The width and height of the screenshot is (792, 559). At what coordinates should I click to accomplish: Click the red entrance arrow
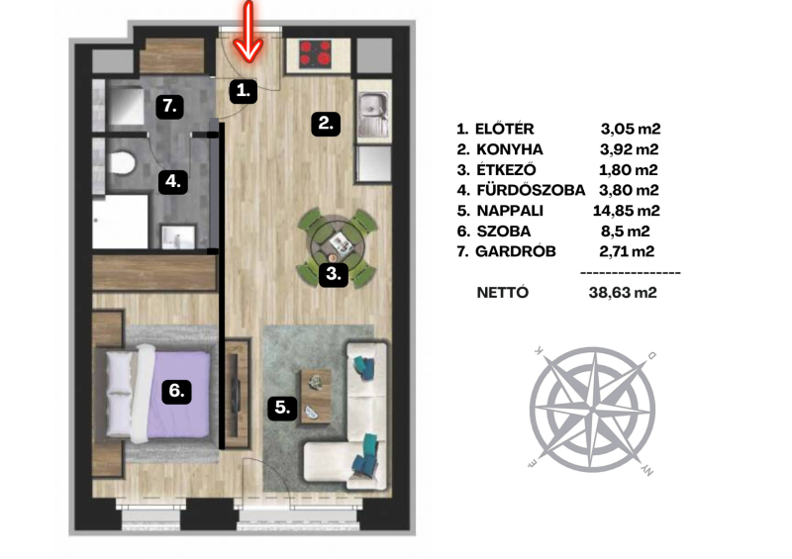pos(248,32)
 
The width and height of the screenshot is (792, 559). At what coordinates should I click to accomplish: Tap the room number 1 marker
pos(244,91)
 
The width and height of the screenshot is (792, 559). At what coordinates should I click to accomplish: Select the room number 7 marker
pos(169,106)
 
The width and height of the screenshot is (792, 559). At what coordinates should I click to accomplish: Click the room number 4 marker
pos(173,181)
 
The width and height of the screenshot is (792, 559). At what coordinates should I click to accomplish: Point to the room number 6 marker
pos(176,391)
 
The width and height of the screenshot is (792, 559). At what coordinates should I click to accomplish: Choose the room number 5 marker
pos(282,407)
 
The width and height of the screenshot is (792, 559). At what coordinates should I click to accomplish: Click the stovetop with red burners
pos(316,54)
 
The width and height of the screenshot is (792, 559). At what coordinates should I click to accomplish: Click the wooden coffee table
pos(316,396)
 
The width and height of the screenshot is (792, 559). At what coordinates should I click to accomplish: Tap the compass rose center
pos(593,408)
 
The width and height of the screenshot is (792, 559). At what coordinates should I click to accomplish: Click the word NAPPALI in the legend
pos(510,211)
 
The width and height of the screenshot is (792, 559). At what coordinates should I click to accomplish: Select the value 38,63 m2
pos(623,293)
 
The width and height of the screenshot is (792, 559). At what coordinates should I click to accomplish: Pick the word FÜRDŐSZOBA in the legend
pos(531,190)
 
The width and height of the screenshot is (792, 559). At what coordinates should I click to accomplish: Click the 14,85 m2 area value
pos(627,211)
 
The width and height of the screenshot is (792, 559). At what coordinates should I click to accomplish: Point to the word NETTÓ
pos(503,293)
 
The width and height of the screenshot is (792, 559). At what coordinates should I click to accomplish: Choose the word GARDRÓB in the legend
pos(516,251)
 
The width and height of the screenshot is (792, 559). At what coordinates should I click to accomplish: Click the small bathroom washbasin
pos(178,237)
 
